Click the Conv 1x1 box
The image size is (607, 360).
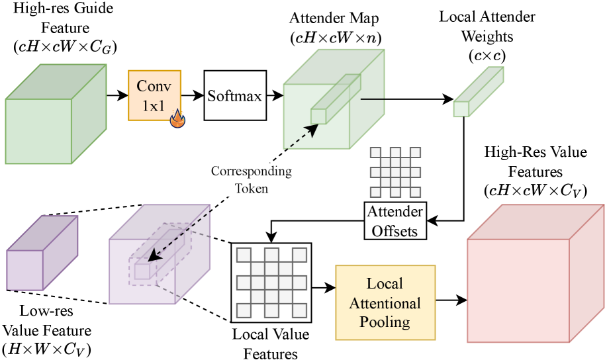pyautogui.click(x=154, y=95)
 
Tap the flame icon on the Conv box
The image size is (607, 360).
pyautogui.click(x=177, y=118)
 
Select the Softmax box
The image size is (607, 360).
pyautogui.click(x=235, y=95)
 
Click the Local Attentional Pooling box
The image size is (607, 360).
pyautogui.click(x=385, y=302)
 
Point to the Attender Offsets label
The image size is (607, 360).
pyautogui.click(x=395, y=221)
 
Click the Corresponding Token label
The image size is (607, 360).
pyautogui.click(x=252, y=179)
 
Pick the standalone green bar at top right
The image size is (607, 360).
pyautogui.click(x=478, y=92)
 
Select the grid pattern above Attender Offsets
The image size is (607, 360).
pyautogui.click(x=395, y=172)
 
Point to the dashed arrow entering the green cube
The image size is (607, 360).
pyautogui.click(x=301, y=136)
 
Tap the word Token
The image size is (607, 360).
pyautogui.click(x=252, y=188)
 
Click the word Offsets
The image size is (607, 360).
pyautogui.click(x=395, y=230)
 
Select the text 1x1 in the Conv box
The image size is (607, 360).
pyautogui.click(x=152, y=106)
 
